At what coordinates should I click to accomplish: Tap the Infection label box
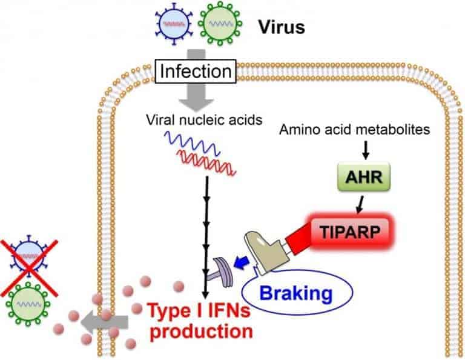pos(195,72)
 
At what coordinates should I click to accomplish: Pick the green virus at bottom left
pos(29,305)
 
